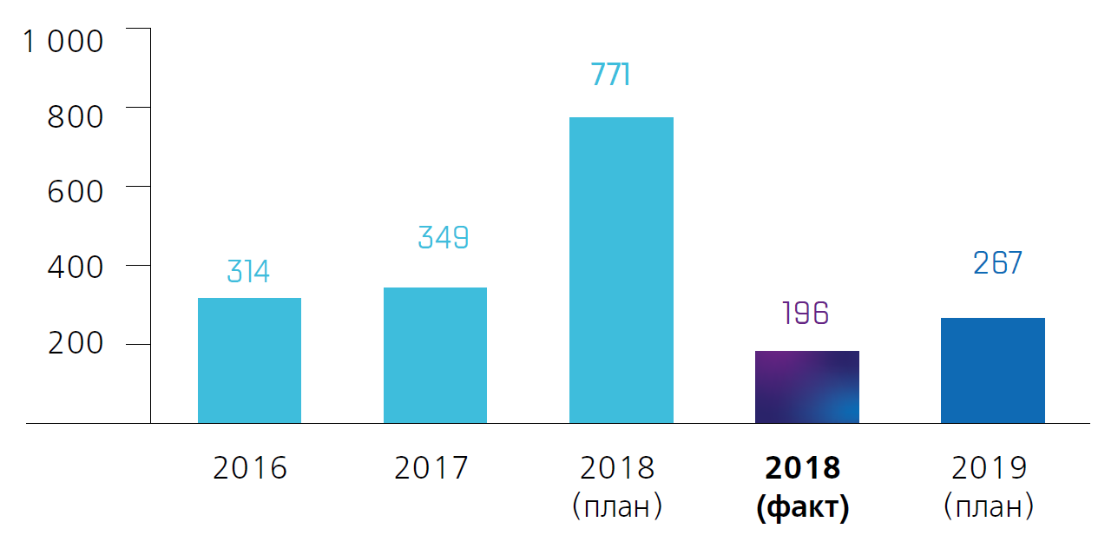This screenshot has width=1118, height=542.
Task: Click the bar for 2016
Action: click(x=249, y=360)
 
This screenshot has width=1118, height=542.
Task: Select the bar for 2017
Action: click(x=435, y=355)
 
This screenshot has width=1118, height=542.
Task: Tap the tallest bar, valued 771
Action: click(x=621, y=270)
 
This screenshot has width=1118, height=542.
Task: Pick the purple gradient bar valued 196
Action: click(x=806, y=387)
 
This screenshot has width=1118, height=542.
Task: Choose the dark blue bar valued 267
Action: click(x=992, y=371)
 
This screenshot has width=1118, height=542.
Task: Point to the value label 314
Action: click(x=248, y=272)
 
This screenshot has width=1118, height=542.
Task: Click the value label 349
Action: click(x=443, y=237)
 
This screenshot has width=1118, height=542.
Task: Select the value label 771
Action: click(x=610, y=76)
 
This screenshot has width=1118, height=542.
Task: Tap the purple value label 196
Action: click(x=806, y=313)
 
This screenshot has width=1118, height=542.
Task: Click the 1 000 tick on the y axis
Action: click(x=62, y=41)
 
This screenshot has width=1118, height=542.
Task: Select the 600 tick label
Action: click(x=75, y=191)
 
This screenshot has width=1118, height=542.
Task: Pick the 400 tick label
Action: click(x=75, y=268)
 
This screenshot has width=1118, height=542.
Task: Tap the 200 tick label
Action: click(x=75, y=343)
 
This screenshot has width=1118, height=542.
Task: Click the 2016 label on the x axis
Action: click(x=249, y=468)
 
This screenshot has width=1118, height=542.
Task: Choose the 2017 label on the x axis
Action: click(x=431, y=468)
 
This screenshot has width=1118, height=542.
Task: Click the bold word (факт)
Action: click(x=803, y=507)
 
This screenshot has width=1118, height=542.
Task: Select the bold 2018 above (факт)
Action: click(x=803, y=468)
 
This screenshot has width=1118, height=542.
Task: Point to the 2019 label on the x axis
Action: click(x=990, y=468)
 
